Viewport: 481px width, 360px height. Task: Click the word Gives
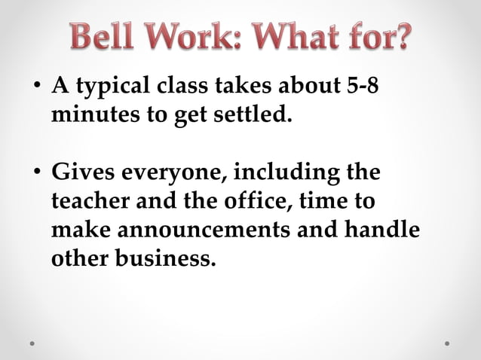click(x=78, y=173)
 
